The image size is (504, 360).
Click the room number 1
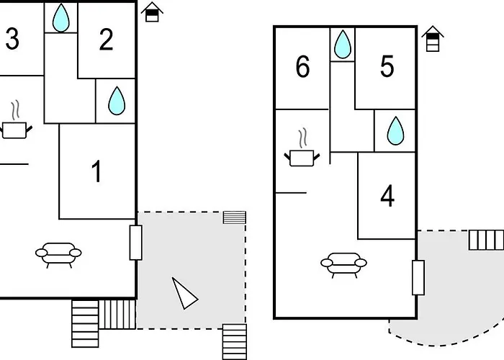point(97,172)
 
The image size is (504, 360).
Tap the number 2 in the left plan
point(106,40)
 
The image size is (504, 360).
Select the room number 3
point(12,40)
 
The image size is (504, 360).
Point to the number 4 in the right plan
point(387,196)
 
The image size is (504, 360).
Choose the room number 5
point(387,67)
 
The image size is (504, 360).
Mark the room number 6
point(302,67)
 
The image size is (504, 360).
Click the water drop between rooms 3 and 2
point(62,18)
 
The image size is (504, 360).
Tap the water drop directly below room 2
point(116,102)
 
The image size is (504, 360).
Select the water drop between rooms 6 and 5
point(343,45)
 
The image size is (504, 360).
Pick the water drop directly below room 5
point(395,131)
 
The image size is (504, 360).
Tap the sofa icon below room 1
point(58,253)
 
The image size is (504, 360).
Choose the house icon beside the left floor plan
point(152,12)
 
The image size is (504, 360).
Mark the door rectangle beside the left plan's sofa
point(135,242)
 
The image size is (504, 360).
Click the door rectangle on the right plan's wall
point(418,278)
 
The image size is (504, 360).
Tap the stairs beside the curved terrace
point(486,240)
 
